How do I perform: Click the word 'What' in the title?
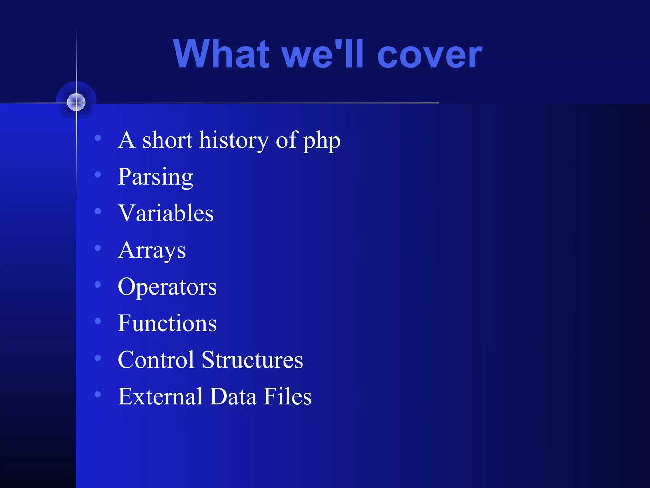pyautogui.click(x=221, y=54)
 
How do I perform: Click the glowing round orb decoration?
pyautogui.click(x=76, y=102)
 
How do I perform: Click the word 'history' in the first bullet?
pyautogui.click(x=234, y=140)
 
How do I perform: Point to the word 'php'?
pyautogui.click(x=322, y=142)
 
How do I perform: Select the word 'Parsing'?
pyautogui.click(x=155, y=177)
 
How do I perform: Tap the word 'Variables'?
pyautogui.click(x=166, y=213)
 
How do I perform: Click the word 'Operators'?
pyautogui.click(x=167, y=287)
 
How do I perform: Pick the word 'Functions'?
pyautogui.click(x=167, y=323)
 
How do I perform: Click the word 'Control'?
pyautogui.click(x=156, y=360)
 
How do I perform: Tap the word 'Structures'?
pyautogui.click(x=252, y=360)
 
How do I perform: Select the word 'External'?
pyautogui.click(x=160, y=396)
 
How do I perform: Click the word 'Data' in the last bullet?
pyautogui.click(x=233, y=396)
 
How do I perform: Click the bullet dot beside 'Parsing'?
pyautogui.click(x=98, y=174)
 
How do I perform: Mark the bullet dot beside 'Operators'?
pyautogui.click(x=98, y=284)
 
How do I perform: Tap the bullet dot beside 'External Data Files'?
pyautogui.click(x=98, y=394)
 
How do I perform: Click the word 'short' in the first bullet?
pyautogui.click(x=167, y=140)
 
